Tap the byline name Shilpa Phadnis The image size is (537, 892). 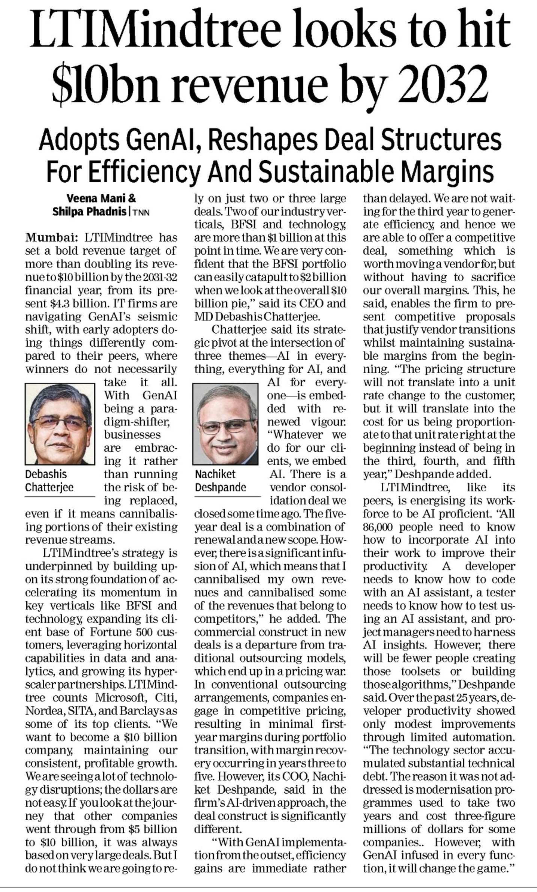coord(89,212)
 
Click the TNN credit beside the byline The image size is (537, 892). coord(141,212)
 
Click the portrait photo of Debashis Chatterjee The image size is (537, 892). coord(60,424)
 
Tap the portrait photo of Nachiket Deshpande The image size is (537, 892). coord(225,424)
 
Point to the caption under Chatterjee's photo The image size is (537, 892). coord(49,481)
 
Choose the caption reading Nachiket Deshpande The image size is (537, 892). coord(220,481)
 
